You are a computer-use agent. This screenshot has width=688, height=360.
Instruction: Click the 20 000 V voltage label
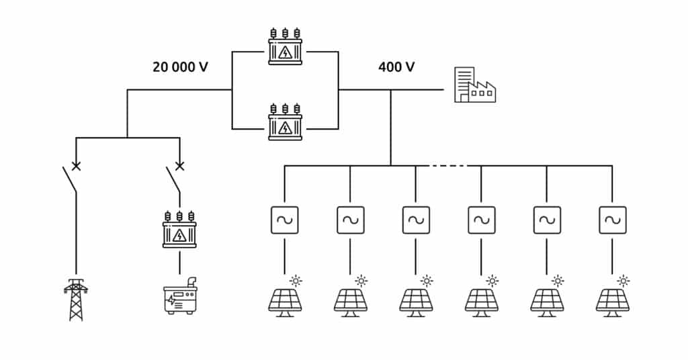(180, 67)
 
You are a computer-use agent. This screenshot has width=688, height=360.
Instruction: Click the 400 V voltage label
(396, 67)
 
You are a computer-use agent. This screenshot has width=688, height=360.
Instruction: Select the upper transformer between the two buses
(285, 47)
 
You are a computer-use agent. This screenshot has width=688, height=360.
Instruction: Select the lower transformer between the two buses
(285, 122)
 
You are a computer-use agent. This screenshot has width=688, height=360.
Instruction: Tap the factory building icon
(474, 85)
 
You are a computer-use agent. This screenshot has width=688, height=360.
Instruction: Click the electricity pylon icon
(76, 300)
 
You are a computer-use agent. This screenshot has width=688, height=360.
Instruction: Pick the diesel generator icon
(179, 298)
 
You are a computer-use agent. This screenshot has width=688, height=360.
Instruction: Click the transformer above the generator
(179, 230)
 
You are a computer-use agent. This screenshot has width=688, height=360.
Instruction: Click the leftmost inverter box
(284, 220)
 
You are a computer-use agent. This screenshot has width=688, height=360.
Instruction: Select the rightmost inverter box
(612, 220)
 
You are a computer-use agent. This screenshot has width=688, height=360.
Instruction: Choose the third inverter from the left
(415, 220)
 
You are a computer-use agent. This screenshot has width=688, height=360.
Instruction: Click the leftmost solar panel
(284, 301)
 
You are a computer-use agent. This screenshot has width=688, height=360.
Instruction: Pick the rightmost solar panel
(612, 301)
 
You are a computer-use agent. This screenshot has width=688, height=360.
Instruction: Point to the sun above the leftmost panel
(296, 281)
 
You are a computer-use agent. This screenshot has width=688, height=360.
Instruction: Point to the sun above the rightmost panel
(623, 281)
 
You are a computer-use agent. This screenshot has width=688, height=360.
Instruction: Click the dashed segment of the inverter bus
(447, 165)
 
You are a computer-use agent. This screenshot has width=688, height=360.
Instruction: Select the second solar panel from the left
(350, 301)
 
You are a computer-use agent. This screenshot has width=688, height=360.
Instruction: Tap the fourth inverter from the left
(481, 220)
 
